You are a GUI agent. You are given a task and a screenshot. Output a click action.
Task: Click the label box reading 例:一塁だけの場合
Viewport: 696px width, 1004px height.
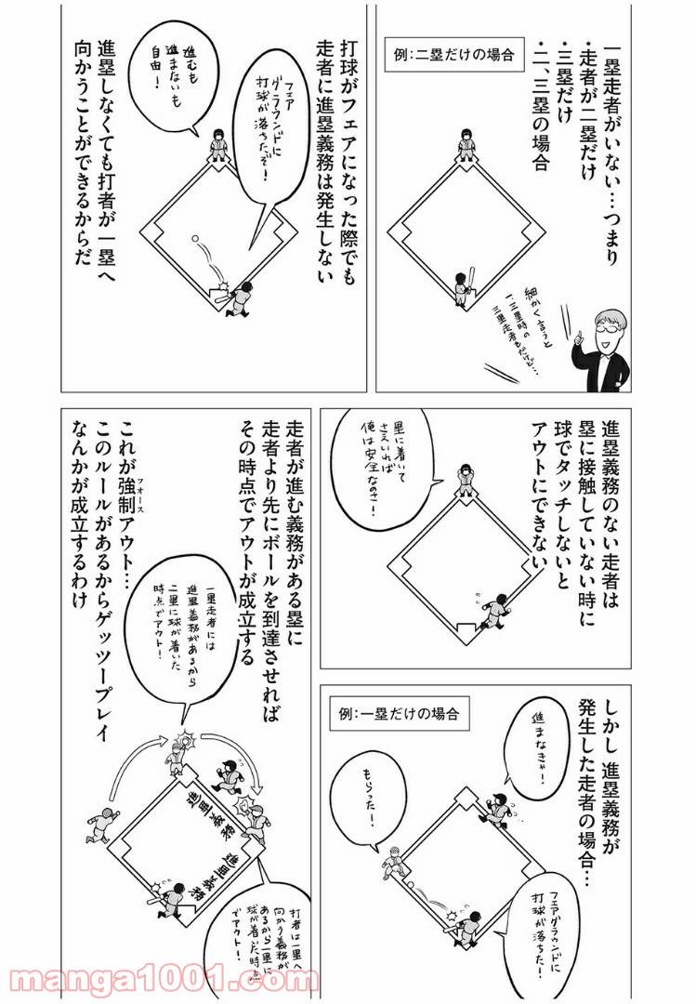click(401, 715)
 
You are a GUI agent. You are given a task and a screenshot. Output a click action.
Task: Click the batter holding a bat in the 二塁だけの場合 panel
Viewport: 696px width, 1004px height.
click(466, 284)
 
